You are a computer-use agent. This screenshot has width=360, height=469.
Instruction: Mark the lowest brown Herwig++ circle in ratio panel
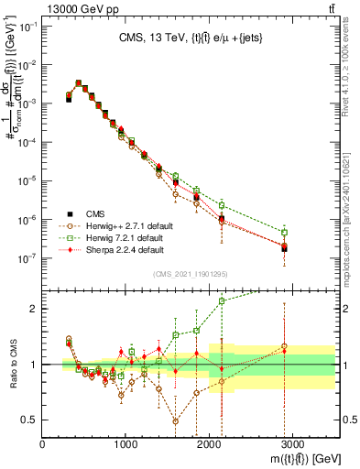pos(175,421)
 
